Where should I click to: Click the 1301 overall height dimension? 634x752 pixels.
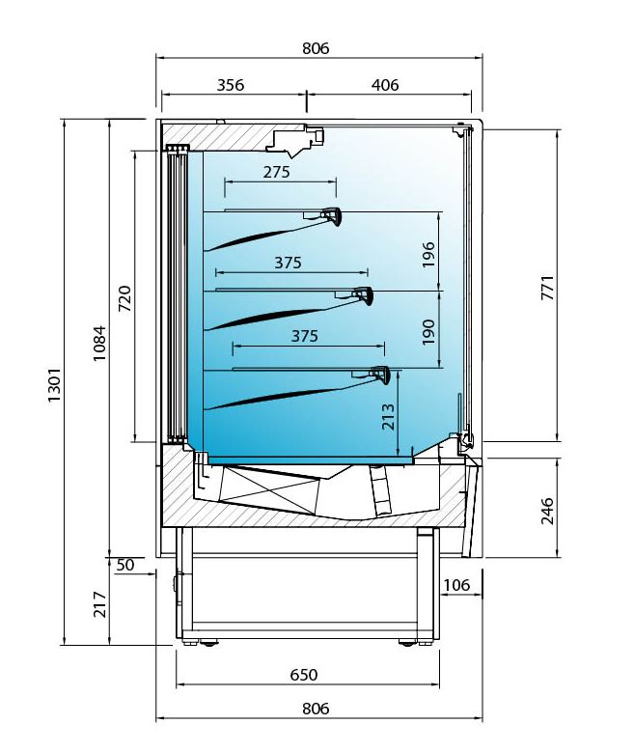coord(54,385)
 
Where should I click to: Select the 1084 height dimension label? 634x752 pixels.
coord(99,343)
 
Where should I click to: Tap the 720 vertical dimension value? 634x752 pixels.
coord(124,298)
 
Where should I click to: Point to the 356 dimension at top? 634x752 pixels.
coord(231,85)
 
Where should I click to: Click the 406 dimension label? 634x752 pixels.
coord(385,85)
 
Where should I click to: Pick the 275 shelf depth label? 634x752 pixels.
coord(276,172)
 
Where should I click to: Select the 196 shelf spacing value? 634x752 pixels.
coord(428,255)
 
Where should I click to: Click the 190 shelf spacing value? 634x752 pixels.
coord(428,331)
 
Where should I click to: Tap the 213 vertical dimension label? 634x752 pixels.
coord(388,417)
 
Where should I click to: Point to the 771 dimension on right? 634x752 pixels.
coord(548,288)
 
